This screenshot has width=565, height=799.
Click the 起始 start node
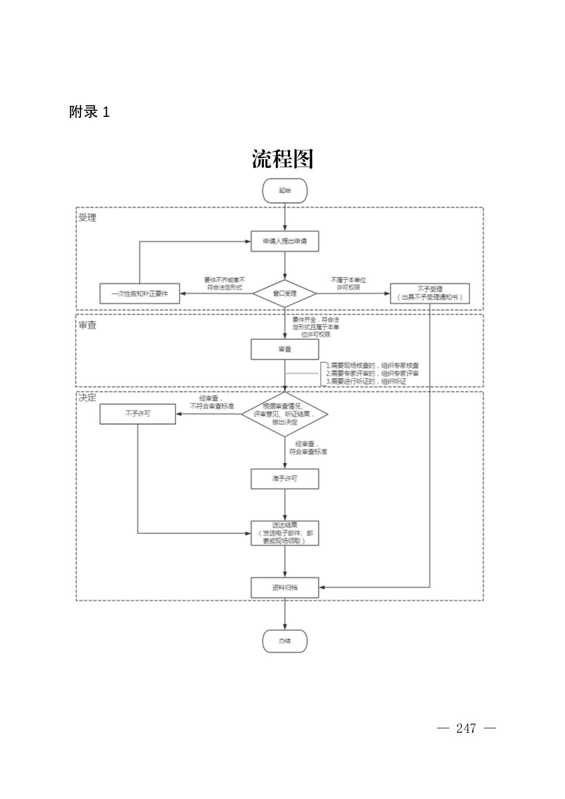(284, 190)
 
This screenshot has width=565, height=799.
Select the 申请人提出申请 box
(284, 241)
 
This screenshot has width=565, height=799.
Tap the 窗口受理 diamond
(284, 294)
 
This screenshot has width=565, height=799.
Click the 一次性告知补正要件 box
(139, 294)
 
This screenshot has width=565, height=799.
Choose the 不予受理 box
(429, 294)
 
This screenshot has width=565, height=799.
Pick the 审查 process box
(284, 349)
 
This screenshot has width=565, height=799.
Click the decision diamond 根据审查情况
(284, 414)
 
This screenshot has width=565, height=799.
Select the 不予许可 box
(138, 414)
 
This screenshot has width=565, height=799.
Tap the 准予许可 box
(284, 479)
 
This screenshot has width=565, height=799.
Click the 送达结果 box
(284, 533)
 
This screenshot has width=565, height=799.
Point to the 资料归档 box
(284, 588)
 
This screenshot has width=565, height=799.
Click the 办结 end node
(284, 641)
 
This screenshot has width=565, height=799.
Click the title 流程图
(283, 159)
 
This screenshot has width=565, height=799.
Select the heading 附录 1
(89, 112)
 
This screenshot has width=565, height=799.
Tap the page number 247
(466, 729)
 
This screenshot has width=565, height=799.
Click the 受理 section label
(87, 218)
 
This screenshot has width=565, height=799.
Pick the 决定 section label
(87, 398)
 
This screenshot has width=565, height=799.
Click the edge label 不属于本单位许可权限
(348, 284)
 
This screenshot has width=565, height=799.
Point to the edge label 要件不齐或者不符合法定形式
(224, 284)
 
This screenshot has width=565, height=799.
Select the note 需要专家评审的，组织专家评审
(372, 373)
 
